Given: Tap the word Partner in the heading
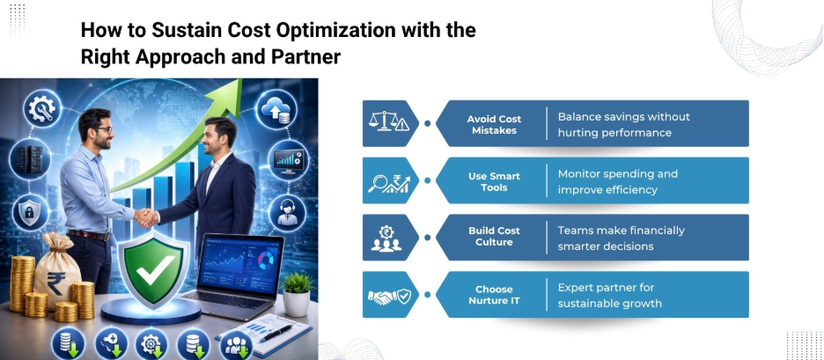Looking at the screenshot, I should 305,57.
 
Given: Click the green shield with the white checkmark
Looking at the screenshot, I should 156,268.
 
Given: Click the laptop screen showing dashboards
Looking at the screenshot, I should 244,266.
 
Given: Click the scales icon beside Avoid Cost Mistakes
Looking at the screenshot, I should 388,124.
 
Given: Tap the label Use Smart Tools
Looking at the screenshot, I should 493,181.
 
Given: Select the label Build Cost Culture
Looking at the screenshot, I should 493,237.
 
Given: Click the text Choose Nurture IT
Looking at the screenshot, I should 493,295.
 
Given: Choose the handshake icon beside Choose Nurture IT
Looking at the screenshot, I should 388,296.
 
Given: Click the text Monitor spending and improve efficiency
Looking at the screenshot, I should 617,181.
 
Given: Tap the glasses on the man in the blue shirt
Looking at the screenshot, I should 104,130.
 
